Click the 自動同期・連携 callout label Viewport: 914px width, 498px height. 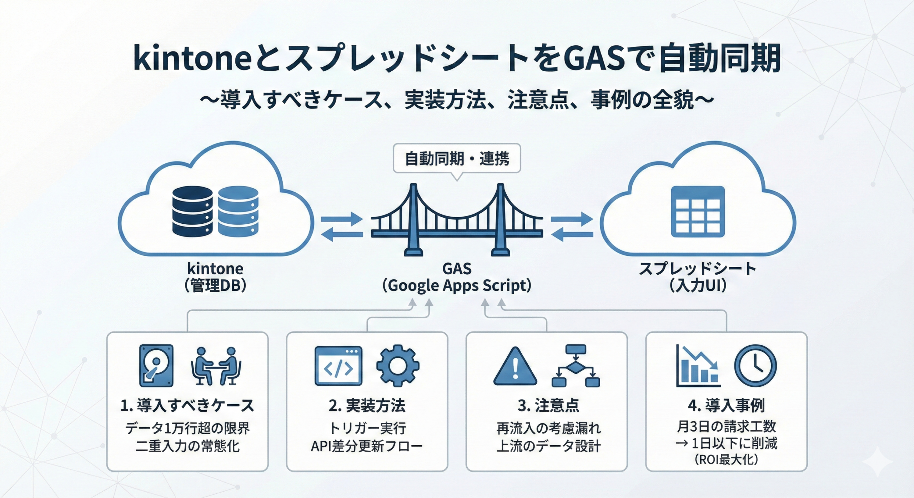click(x=457, y=159)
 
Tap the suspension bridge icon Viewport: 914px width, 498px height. click(x=457, y=221)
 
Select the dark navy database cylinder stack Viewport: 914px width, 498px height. click(x=192, y=211)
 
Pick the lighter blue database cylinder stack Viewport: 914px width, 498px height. click(x=238, y=211)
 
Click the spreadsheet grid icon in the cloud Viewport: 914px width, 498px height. click(x=698, y=212)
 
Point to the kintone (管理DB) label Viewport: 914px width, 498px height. click(x=215, y=277)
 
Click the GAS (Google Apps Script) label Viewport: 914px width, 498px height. click(x=457, y=277)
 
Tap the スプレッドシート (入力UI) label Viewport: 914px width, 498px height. click(x=698, y=277)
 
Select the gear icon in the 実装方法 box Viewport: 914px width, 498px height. click(x=398, y=366)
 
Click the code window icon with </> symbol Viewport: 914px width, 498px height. click(x=338, y=366)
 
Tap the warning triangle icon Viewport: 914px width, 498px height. click(x=515, y=367)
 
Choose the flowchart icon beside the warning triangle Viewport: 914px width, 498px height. click(x=576, y=366)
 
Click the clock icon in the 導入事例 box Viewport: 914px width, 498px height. click(x=755, y=366)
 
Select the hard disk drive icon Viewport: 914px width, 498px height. click(x=156, y=366)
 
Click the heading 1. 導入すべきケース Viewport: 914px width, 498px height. click(x=187, y=406)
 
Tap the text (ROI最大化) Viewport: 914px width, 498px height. click(x=726, y=459)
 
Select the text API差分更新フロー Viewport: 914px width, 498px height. click(x=367, y=446)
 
